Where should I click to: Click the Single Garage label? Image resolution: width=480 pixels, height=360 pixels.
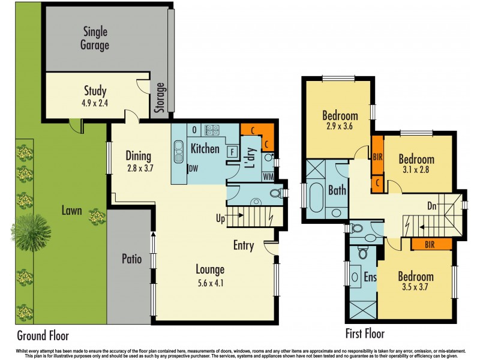[x=96, y=38]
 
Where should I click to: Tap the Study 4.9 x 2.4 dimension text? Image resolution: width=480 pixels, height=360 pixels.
[x=95, y=103]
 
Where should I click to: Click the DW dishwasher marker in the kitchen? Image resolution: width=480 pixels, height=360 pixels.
[x=193, y=169]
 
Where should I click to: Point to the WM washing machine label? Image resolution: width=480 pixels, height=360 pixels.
[x=268, y=176]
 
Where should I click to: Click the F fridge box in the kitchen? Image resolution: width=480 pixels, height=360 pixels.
[x=231, y=152]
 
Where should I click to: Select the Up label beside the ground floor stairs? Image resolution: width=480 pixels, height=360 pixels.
[x=221, y=218]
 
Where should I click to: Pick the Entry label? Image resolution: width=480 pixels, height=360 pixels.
[x=244, y=245]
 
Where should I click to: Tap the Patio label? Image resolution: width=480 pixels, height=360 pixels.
[x=131, y=259]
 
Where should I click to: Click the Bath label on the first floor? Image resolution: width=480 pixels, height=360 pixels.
[x=337, y=190]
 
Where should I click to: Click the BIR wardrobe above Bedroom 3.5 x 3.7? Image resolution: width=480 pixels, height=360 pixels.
[x=430, y=244]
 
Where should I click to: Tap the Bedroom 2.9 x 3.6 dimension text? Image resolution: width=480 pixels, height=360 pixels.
[x=340, y=127]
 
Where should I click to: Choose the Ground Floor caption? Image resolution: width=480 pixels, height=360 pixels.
[x=43, y=335]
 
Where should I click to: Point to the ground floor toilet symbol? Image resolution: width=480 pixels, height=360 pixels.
[x=276, y=193]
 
